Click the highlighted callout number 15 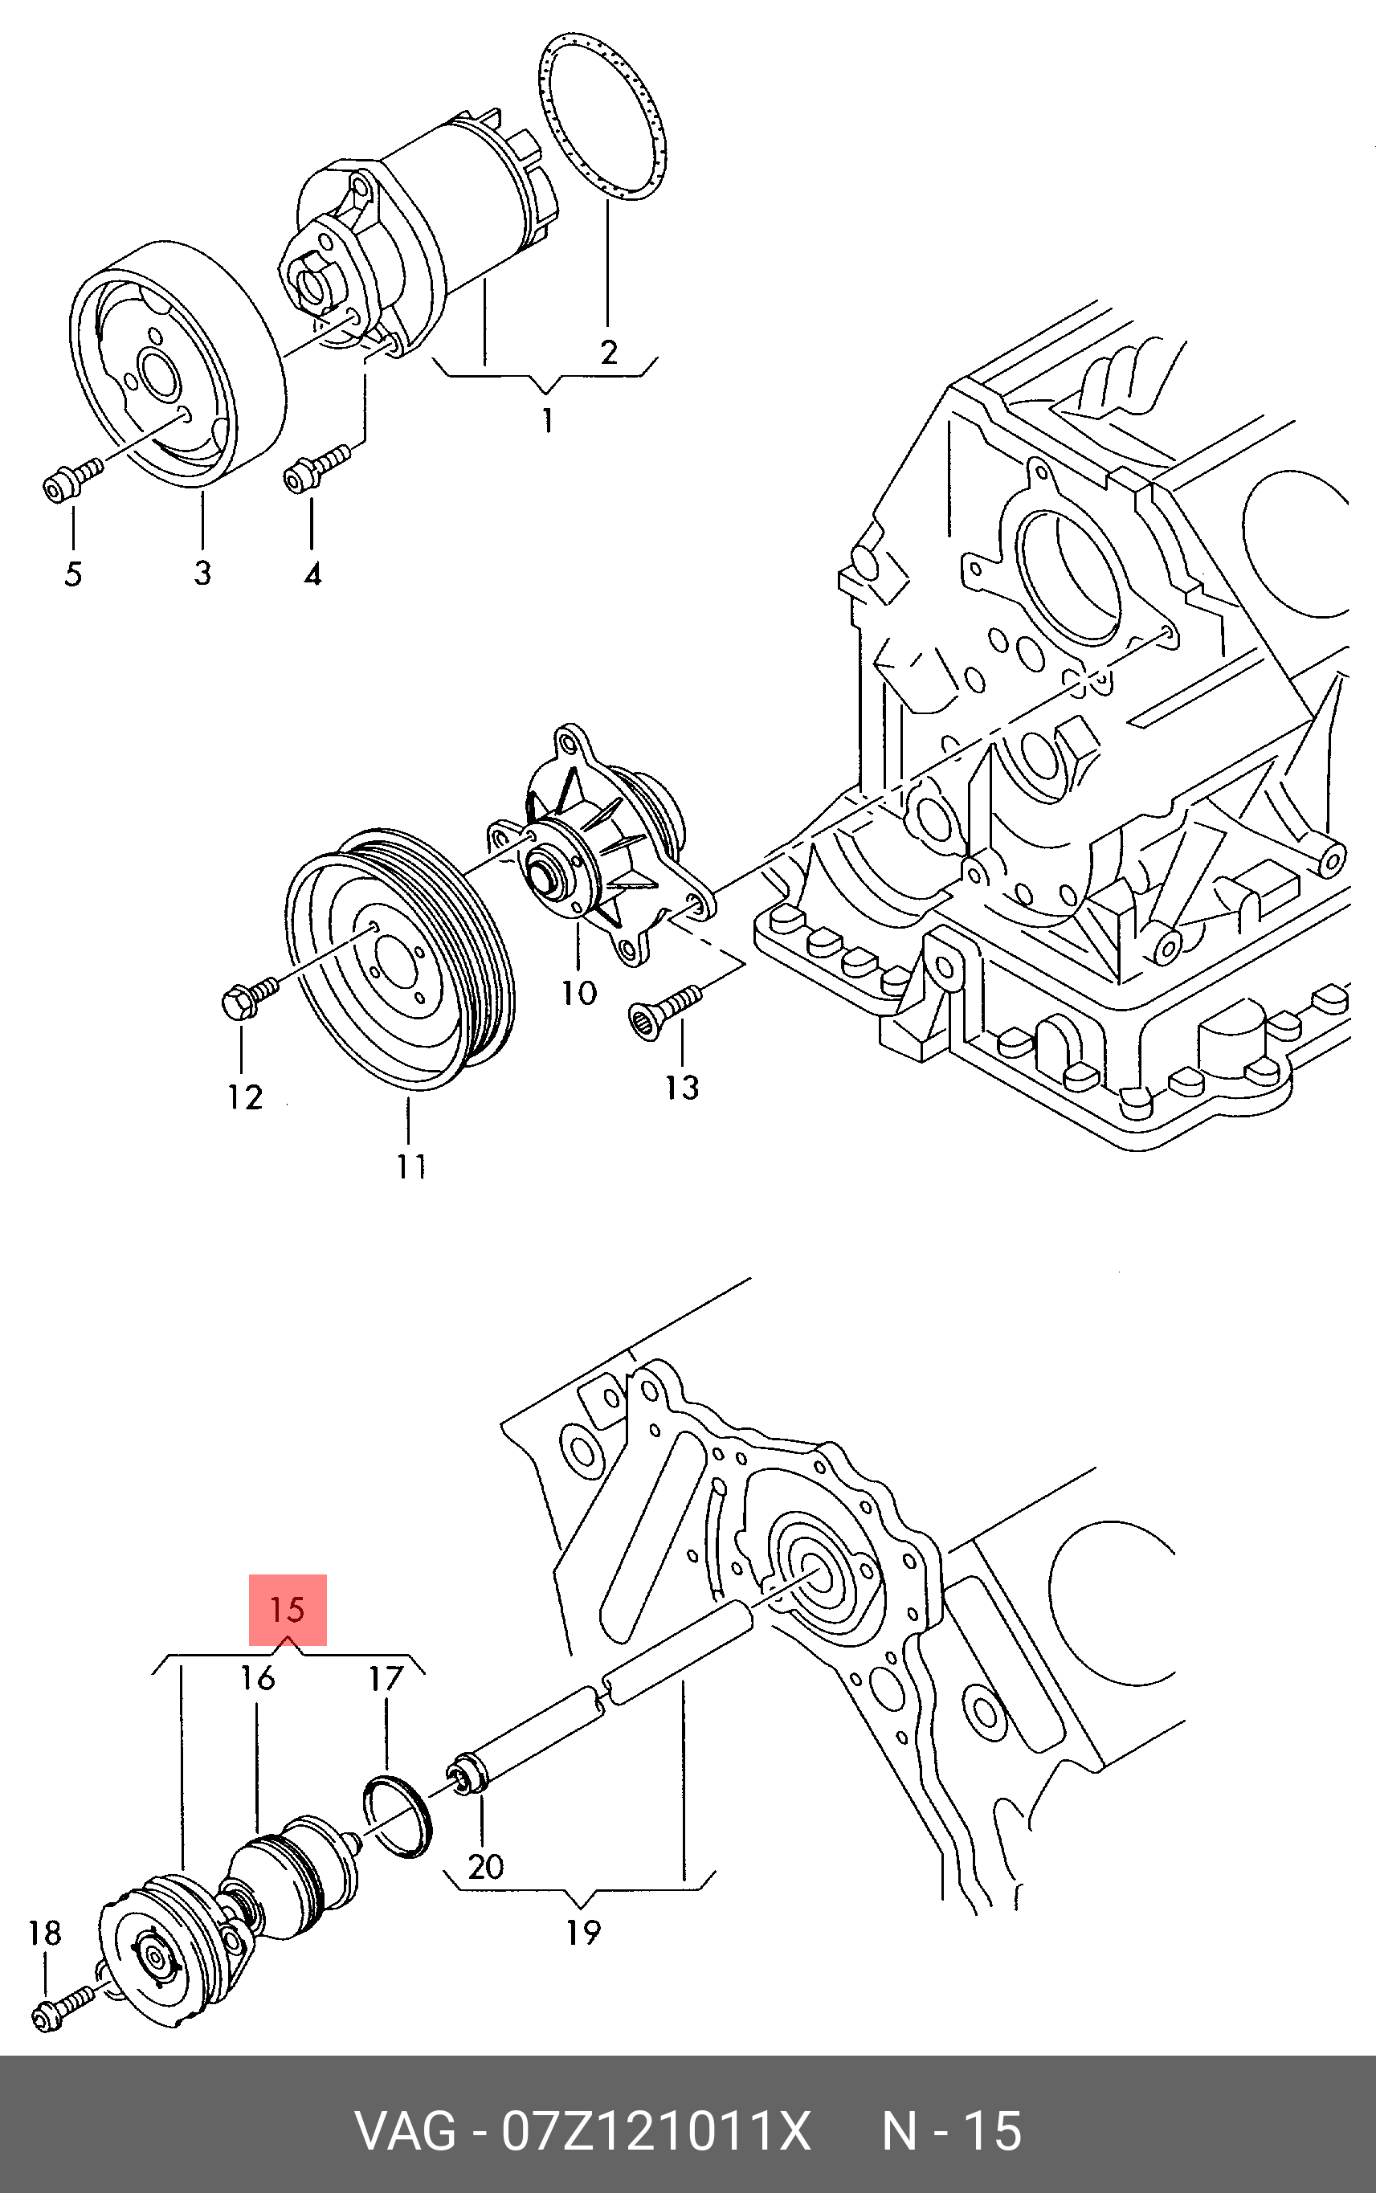(x=288, y=1609)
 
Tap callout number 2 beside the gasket (x=609, y=351)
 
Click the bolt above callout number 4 (x=316, y=466)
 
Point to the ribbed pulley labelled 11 (x=400, y=960)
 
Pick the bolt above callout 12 (x=251, y=995)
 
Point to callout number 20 (x=486, y=1866)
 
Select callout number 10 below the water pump (x=580, y=992)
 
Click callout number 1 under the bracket (x=547, y=420)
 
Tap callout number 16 (x=258, y=1677)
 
